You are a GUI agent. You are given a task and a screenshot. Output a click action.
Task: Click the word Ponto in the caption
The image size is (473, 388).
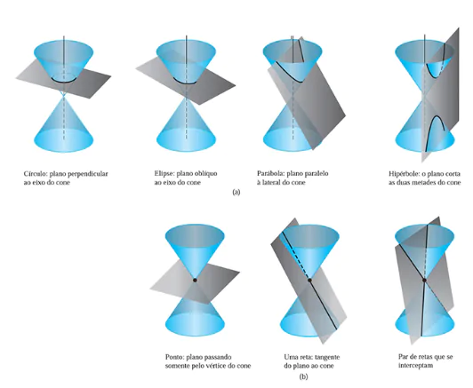coord(174,357)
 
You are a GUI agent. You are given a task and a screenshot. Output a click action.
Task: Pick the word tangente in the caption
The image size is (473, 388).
coord(327,357)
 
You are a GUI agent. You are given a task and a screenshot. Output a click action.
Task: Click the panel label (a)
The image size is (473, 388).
coord(236,192)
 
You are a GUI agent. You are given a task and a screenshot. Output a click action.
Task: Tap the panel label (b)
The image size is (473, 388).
coord(303,376)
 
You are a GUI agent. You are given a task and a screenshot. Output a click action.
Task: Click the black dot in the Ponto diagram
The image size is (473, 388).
coord(195,281)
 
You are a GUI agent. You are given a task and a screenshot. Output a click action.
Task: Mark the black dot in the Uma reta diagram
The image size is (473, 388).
coord(309,281)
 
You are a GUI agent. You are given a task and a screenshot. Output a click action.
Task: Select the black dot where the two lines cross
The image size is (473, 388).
coord(424,281)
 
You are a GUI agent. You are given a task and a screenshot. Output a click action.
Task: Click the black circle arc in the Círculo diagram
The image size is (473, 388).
coord(63,82)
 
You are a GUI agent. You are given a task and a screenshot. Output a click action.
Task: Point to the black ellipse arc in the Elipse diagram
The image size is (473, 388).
coord(186,82)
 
